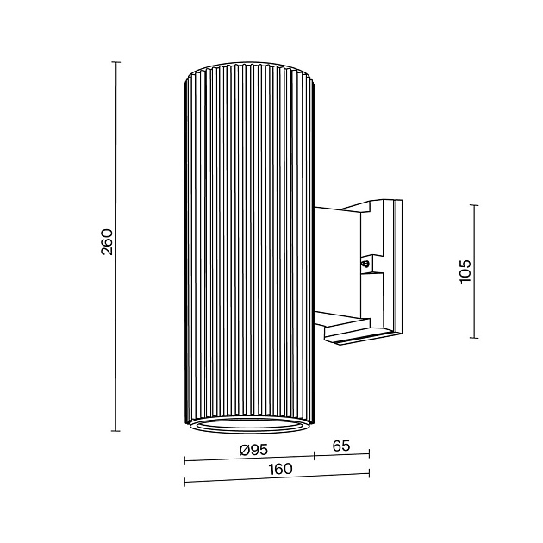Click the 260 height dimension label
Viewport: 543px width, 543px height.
[x=107, y=242]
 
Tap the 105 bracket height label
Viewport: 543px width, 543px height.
[x=465, y=271]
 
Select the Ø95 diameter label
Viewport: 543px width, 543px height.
[x=254, y=450]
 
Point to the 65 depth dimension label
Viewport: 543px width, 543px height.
[x=341, y=446]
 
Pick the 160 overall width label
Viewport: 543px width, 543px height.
[x=280, y=469]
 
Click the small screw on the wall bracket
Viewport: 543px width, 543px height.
[x=365, y=265]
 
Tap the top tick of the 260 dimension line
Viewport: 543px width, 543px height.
[x=116, y=62]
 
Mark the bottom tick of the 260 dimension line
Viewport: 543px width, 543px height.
[x=116, y=431]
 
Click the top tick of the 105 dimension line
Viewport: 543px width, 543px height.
[x=474, y=205]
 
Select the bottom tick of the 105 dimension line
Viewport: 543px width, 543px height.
[x=474, y=338]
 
